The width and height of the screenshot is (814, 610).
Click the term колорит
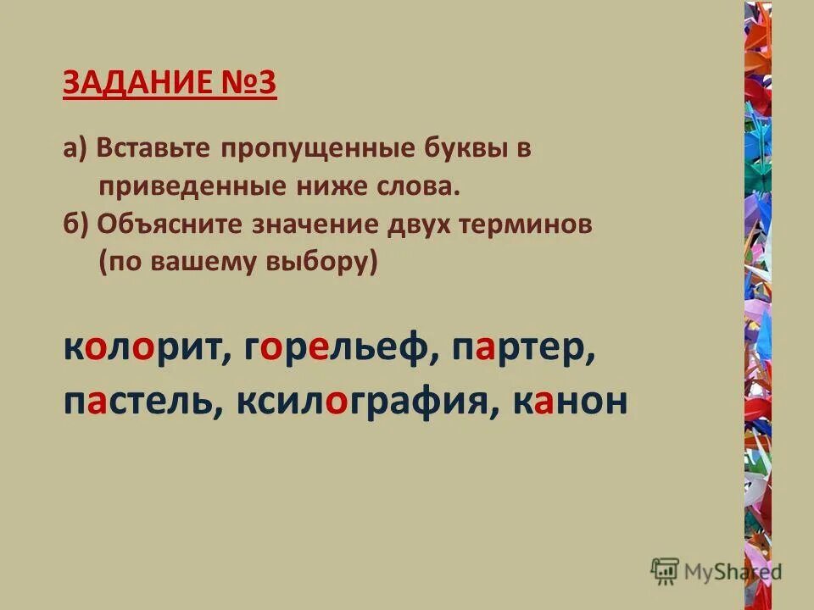[141, 351]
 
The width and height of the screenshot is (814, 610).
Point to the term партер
[521, 351]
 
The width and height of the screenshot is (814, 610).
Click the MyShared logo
[716, 570]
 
